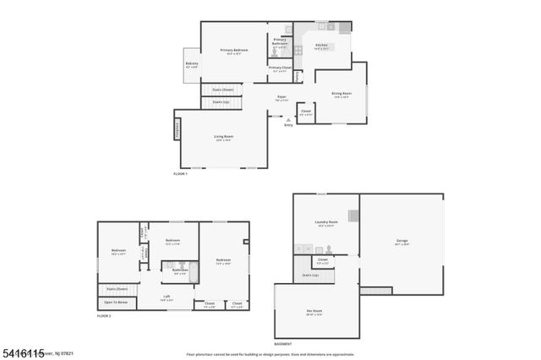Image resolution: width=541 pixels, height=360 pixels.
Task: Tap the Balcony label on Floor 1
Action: click(192, 63)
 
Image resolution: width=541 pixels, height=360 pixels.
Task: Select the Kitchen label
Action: click(321, 46)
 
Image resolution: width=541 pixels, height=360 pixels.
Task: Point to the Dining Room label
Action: click(341, 94)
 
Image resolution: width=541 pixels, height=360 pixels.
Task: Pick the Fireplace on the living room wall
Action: click(178, 129)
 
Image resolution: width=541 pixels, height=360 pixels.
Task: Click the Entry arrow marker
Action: click(288, 121)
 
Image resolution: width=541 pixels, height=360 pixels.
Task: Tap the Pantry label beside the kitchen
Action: click(298, 76)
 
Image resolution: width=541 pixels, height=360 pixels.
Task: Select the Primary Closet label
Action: click(280, 68)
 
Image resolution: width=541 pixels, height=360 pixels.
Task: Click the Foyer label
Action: click(281, 97)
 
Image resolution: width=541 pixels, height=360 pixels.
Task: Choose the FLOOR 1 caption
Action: click(180, 172)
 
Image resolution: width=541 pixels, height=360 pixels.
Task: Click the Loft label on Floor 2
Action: click(167, 296)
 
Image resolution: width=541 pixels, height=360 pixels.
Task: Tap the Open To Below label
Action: click(116, 302)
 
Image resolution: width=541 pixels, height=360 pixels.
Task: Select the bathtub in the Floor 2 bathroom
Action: click(194, 273)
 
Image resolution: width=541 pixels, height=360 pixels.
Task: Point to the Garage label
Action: click(402, 242)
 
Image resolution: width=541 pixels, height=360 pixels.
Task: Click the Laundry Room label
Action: click(325, 223)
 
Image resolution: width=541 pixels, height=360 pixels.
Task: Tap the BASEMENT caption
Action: click(284, 344)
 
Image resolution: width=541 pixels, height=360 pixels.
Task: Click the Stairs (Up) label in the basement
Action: click(310, 275)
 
